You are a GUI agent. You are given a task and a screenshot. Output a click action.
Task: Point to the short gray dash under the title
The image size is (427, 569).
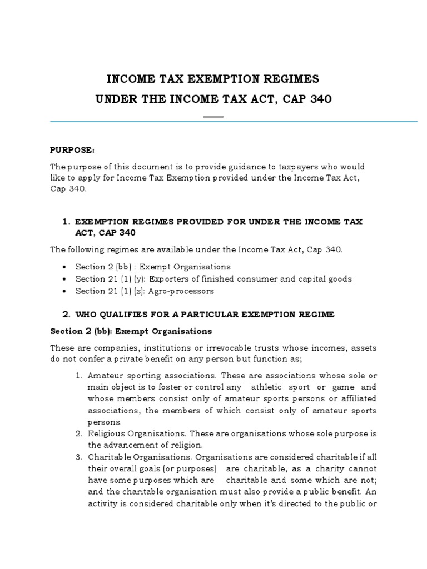pyautogui.click(x=213, y=117)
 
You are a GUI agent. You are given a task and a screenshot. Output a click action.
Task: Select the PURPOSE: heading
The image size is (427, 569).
pyautogui.click(x=72, y=150)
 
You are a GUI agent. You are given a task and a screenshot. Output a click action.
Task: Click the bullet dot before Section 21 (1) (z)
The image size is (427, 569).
pyautogui.click(x=66, y=291)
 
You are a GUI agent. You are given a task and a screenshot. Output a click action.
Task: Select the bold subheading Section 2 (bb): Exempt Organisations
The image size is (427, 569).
pyautogui.click(x=131, y=331)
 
